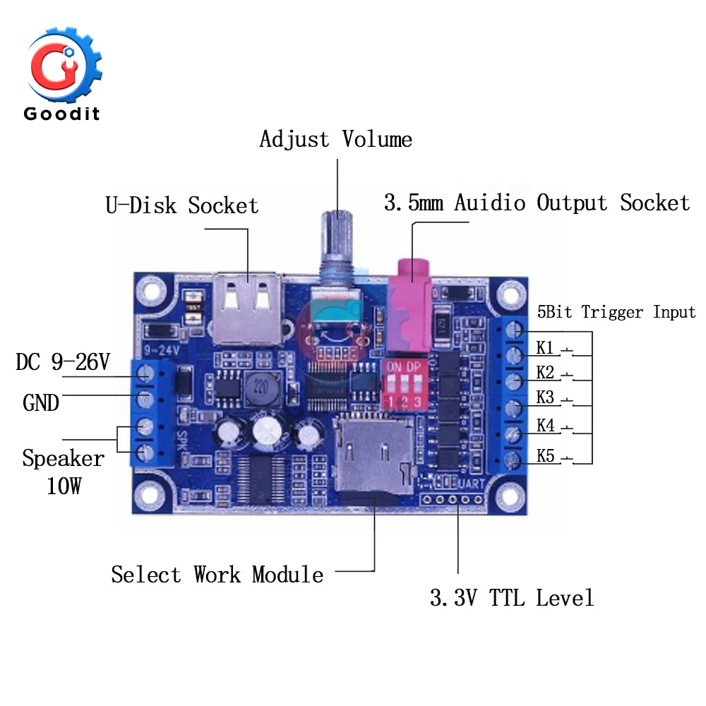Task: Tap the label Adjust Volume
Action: [335, 139]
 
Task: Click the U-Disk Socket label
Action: [182, 205]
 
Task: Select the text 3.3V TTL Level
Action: [512, 598]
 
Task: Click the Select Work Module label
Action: [217, 575]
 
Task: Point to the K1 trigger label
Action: [545, 347]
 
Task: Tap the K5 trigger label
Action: [546, 455]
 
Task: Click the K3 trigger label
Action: [545, 397]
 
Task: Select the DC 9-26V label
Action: [63, 363]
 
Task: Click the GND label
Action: [41, 403]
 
